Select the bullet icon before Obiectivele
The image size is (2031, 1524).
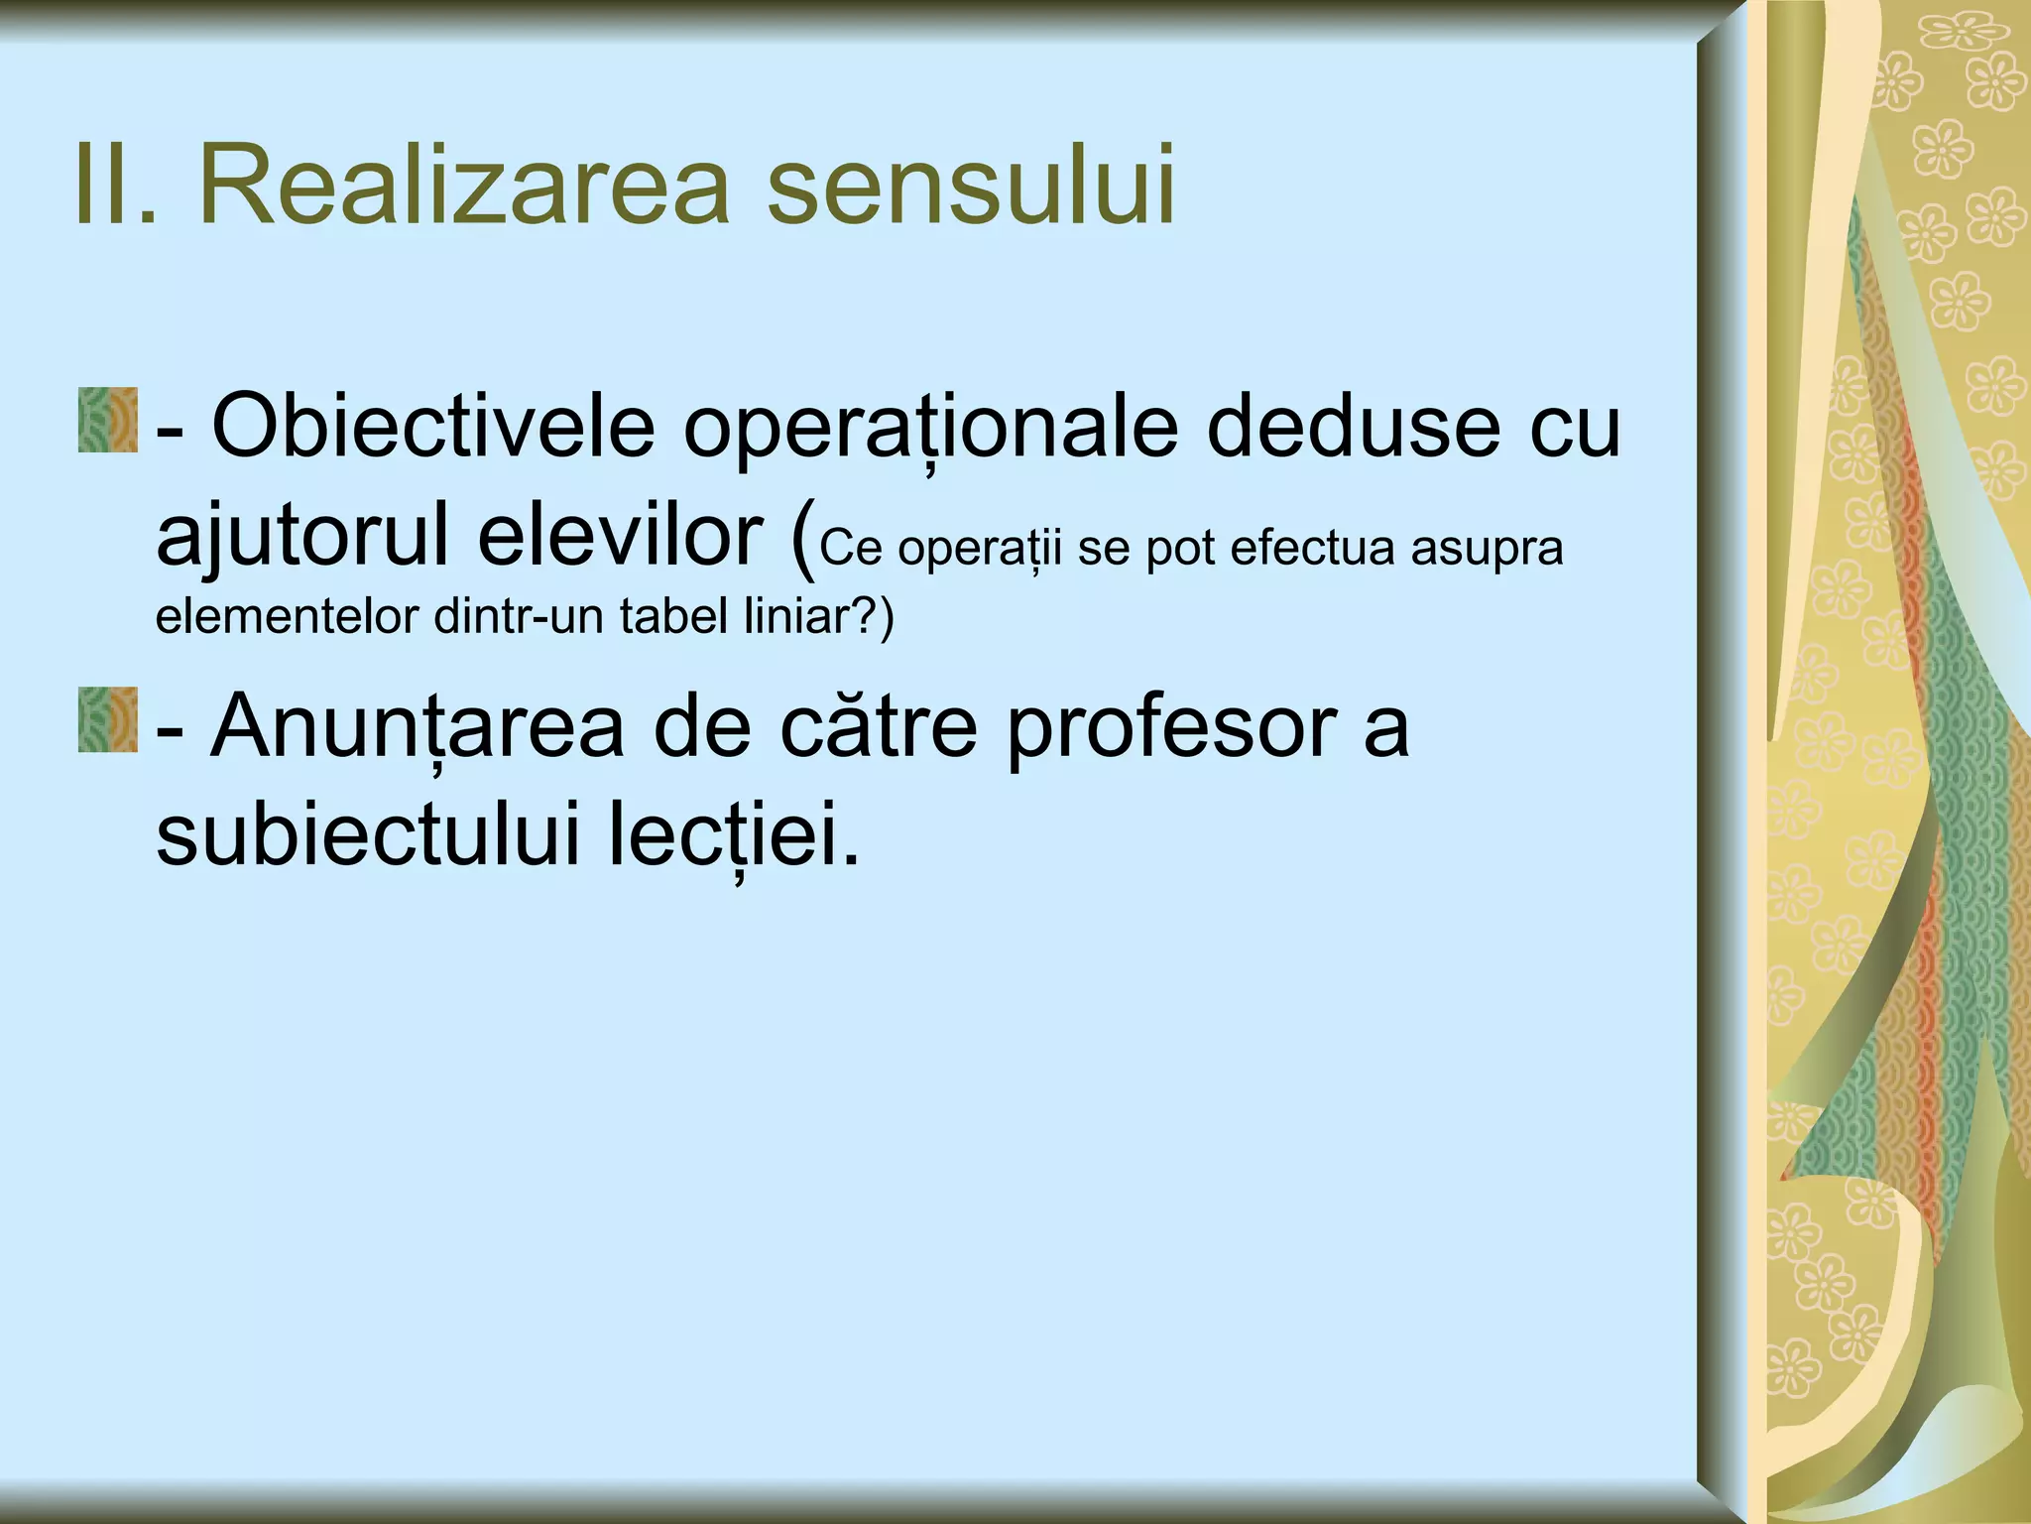coord(107,422)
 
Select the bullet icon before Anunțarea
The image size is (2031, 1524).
coord(107,719)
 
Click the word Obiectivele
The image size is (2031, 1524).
coord(433,427)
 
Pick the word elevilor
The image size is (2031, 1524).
coord(620,536)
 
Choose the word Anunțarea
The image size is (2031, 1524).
coord(418,727)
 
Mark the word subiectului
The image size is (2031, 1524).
coord(367,834)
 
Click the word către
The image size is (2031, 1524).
coord(879,725)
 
